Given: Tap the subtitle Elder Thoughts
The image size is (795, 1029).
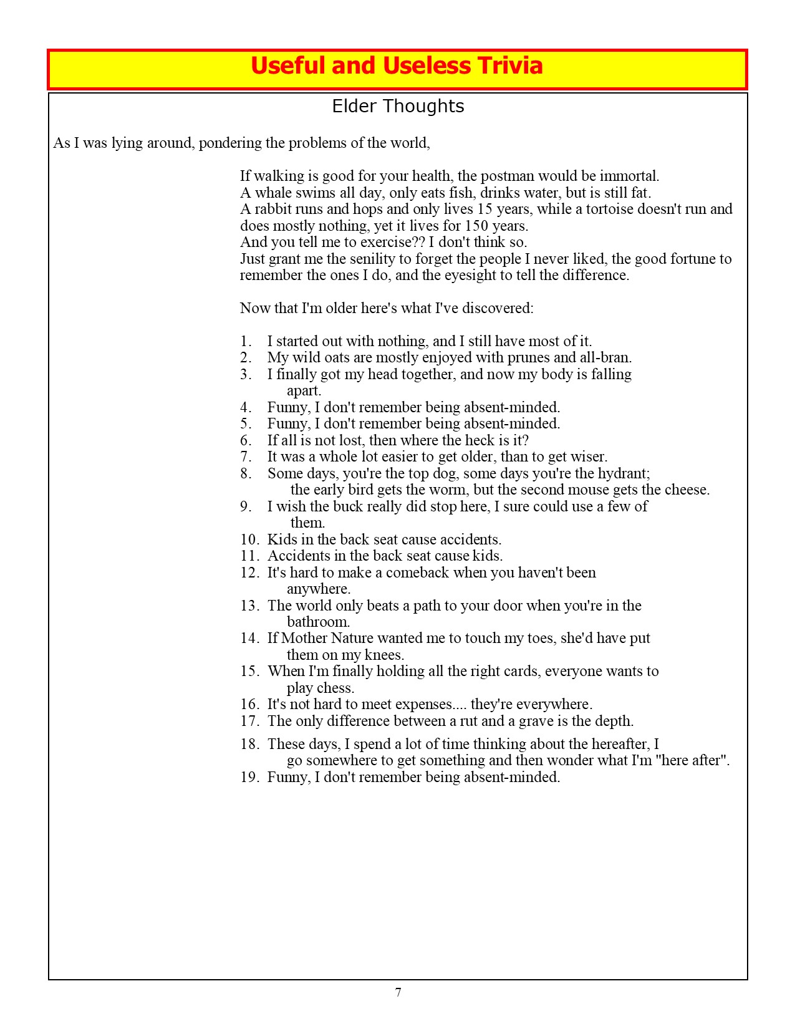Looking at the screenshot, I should pyautogui.click(x=398, y=107).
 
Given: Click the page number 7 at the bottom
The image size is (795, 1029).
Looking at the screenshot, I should pyautogui.click(x=398, y=993).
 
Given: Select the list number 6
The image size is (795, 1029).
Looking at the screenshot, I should pyautogui.click(x=246, y=440).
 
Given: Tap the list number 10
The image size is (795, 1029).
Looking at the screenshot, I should pyautogui.click(x=249, y=539).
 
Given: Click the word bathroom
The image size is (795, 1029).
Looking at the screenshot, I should pyautogui.click(x=318, y=622).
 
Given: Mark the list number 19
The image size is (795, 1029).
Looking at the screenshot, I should pyautogui.click(x=249, y=777).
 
